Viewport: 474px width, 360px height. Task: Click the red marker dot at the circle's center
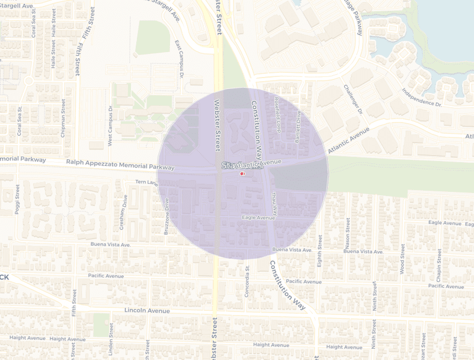(241, 175)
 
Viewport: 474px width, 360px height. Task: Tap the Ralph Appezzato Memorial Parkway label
(120, 164)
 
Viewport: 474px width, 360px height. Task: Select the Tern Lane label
(146, 182)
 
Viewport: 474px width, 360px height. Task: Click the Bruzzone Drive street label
(166, 216)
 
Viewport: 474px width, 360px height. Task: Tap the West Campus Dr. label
(110, 126)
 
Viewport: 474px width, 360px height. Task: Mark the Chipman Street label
(63, 121)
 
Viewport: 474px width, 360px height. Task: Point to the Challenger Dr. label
(352, 99)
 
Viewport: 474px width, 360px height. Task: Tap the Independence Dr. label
(422, 97)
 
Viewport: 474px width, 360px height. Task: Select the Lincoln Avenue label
(147, 310)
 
